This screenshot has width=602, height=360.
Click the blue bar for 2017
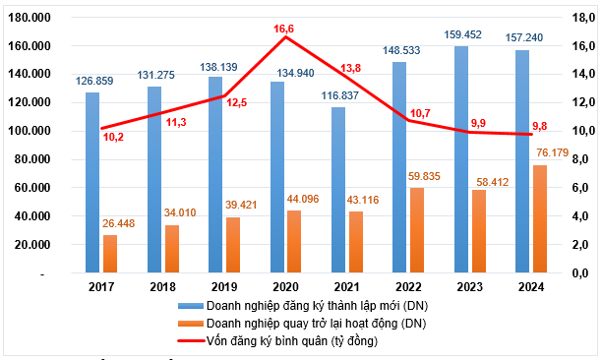point(92,182)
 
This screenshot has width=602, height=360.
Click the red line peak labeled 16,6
point(285,36)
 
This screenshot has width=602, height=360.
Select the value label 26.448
point(120,222)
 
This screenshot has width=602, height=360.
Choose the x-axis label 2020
point(285,287)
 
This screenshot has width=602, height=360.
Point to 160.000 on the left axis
point(30,46)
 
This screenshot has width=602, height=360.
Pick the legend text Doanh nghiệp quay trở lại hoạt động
point(316,324)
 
